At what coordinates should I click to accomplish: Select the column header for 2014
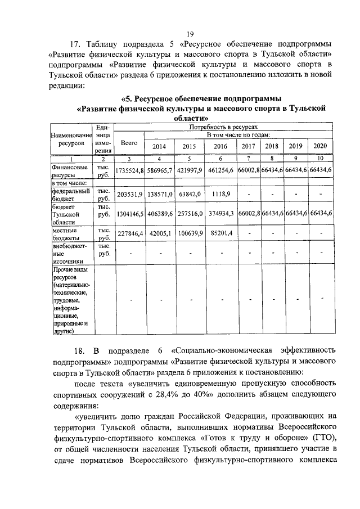160,147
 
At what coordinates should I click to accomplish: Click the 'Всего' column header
129,143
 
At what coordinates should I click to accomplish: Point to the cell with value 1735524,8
129,170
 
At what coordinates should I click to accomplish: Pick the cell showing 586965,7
160,170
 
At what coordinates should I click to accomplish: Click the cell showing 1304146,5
129,214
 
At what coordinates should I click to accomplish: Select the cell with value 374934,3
220,214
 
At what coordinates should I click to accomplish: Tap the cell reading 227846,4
129,233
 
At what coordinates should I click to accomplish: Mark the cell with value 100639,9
190,233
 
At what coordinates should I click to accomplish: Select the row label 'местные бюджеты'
68,233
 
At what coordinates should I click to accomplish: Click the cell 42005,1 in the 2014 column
160,233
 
